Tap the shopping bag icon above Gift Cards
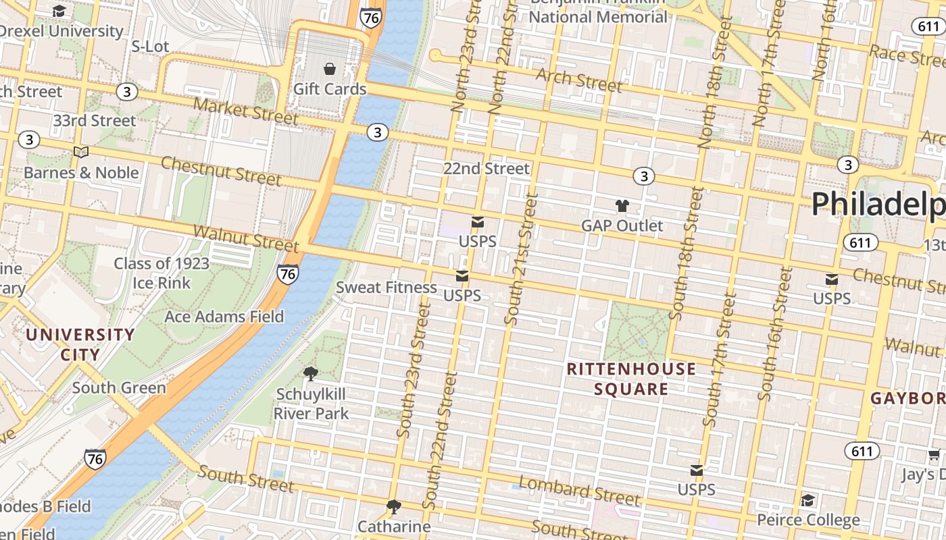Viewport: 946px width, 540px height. coord(330,69)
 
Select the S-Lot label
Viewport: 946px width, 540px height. coord(150,46)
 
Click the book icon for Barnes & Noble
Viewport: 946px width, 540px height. coord(81,153)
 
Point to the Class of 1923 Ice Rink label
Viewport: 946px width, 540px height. coord(161,273)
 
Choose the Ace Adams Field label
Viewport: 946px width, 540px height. coord(224,316)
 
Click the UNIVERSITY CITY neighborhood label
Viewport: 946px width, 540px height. coord(80,344)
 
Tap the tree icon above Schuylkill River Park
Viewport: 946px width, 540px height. coord(311,373)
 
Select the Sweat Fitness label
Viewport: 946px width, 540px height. coord(387,287)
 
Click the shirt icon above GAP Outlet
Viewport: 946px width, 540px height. coord(622,206)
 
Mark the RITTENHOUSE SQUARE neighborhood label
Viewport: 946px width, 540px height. coord(631,379)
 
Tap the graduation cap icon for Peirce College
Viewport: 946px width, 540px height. coord(807,500)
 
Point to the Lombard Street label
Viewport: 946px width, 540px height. coord(578,491)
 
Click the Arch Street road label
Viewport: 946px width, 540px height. coord(578,79)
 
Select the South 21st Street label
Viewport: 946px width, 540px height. coord(521,258)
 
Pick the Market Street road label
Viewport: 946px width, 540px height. coord(245,111)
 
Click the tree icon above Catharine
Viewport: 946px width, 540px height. coord(394,506)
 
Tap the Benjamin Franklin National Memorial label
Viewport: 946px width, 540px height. coord(597,9)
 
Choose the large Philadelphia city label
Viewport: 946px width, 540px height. coord(878,203)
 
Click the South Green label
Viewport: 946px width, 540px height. coord(119,387)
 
